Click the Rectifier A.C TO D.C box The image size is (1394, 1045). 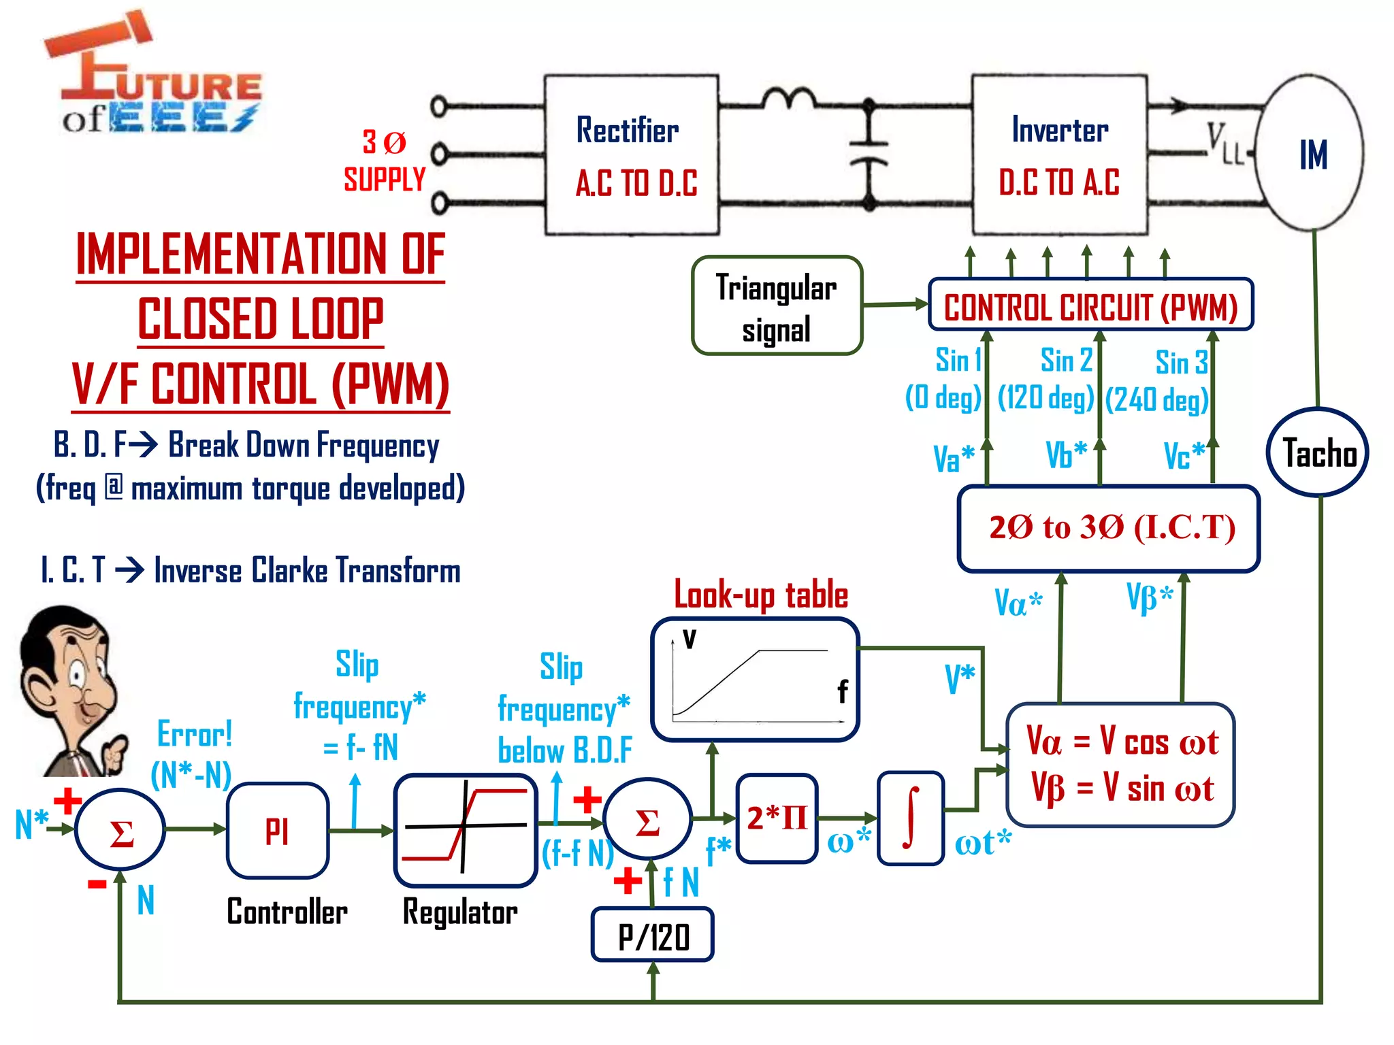(x=631, y=155)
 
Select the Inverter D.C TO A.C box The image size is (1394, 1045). (x=1059, y=155)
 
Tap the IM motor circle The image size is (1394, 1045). (x=1311, y=154)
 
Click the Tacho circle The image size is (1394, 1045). (x=1318, y=452)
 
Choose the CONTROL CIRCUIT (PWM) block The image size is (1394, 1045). (x=1090, y=305)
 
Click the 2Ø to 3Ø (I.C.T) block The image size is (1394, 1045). (x=1109, y=528)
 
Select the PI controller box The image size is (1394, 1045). (x=278, y=831)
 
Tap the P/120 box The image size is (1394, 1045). (x=653, y=935)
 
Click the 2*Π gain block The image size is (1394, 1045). (x=777, y=818)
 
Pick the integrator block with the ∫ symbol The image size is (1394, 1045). (x=910, y=818)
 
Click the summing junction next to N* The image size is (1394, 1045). (x=120, y=829)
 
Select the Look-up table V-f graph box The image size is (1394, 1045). (x=754, y=679)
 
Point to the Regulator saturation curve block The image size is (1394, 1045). (x=466, y=830)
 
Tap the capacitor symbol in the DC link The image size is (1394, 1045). (x=869, y=153)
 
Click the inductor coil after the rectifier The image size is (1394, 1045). (x=788, y=99)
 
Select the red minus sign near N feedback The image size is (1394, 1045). (x=97, y=884)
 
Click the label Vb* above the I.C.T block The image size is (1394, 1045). (x=1066, y=455)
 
